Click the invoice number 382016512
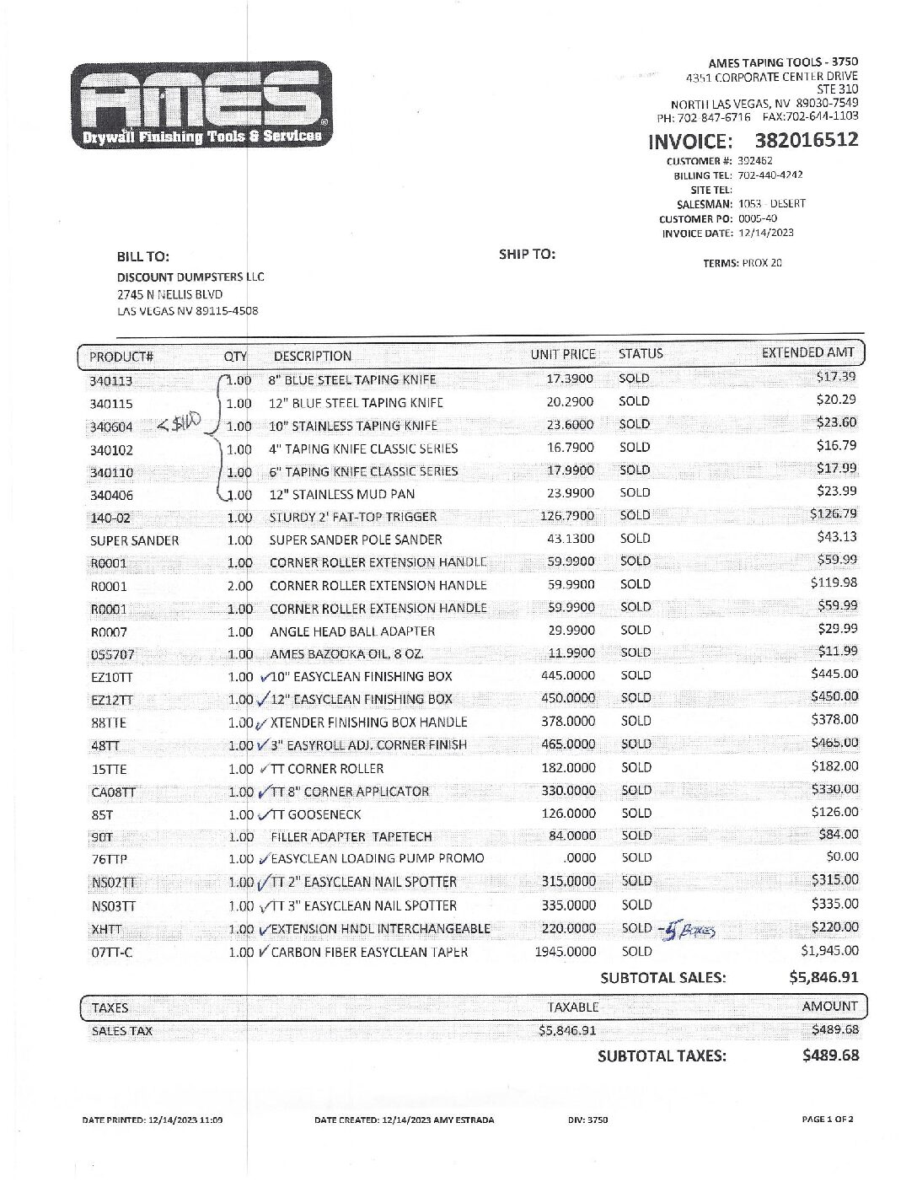(x=806, y=140)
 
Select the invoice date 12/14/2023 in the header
(x=765, y=234)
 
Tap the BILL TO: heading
(x=142, y=256)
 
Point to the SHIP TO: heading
(x=527, y=254)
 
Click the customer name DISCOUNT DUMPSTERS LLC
(x=190, y=277)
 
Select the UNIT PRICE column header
(x=562, y=355)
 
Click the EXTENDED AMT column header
(x=807, y=353)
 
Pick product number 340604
(x=111, y=427)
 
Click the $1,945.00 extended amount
(x=829, y=951)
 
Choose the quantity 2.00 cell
(x=239, y=586)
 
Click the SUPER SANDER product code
(x=134, y=541)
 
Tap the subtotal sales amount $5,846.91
(x=823, y=978)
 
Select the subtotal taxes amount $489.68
(x=830, y=1055)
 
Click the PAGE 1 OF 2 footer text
(x=828, y=1120)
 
